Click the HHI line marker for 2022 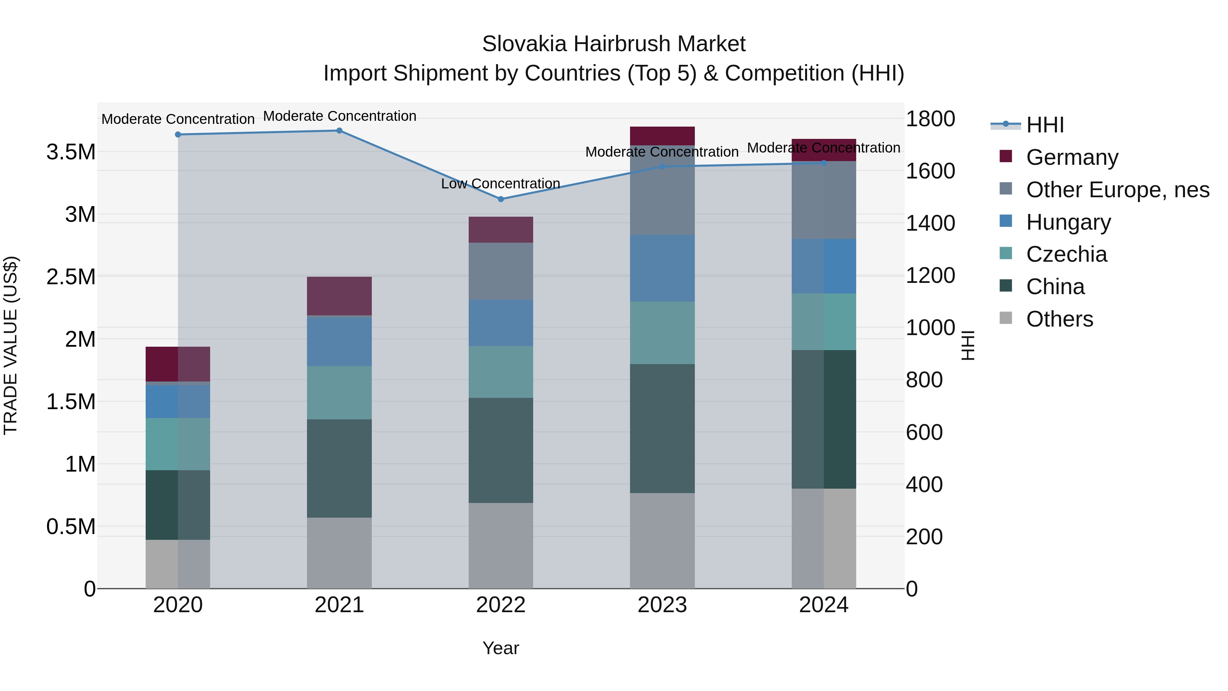coord(500,199)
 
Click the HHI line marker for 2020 coord(178,134)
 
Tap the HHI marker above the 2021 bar coord(339,131)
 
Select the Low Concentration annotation coord(500,184)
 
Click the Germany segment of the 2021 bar coord(339,296)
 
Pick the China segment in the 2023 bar coord(662,428)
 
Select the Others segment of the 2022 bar coord(500,546)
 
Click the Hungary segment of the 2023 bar coord(662,268)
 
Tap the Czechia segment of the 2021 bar coord(339,393)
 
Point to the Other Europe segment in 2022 coord(500,271)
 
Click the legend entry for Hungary coord(1068,222)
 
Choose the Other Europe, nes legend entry coord(1117,190)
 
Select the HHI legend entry coord(1044,125)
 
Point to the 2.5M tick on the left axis coord(71,277)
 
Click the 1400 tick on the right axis coord(930,223)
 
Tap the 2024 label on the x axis coord(823,605)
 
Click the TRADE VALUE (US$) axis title coord(11,345)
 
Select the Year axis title coord(500,648)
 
